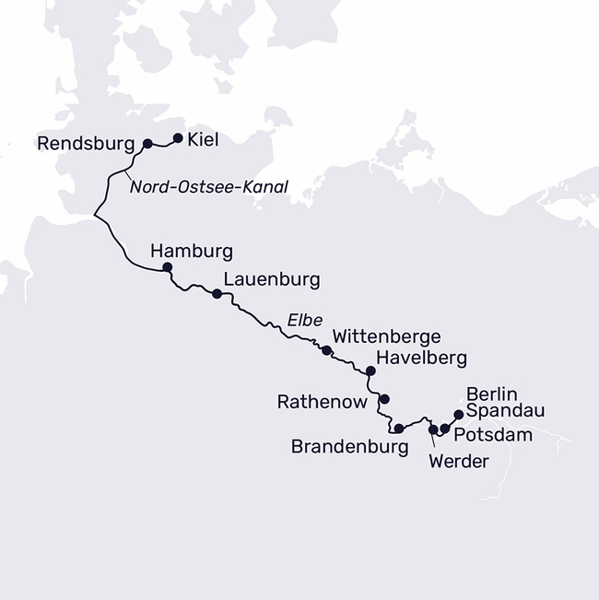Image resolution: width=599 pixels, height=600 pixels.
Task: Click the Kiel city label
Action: point(203,140)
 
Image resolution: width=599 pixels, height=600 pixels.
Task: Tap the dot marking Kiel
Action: point(178,139)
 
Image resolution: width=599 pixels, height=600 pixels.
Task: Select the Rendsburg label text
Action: point(87,144)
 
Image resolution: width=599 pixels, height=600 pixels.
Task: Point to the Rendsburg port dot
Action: point(147,144)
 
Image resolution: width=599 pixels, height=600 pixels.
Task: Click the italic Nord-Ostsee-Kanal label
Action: point(208,187)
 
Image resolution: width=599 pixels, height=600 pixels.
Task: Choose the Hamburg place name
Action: point(191,251)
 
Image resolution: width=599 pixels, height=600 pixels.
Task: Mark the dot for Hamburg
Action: point(167,267)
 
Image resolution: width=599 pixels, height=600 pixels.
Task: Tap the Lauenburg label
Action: point(271,279)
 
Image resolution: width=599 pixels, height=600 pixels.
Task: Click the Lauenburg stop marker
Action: point(217,294)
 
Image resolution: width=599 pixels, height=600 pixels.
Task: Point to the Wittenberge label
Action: point(386,336)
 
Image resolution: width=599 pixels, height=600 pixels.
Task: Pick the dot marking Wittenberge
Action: point(326,350)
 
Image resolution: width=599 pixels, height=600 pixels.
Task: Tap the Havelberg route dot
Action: point(370,371)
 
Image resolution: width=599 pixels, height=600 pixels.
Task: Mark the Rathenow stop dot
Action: point(385,399)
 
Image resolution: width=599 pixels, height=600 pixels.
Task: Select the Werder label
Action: point(458,462)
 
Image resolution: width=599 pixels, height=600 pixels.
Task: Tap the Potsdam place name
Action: point(495,434)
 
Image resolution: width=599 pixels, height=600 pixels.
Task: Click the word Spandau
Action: point(506,410)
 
